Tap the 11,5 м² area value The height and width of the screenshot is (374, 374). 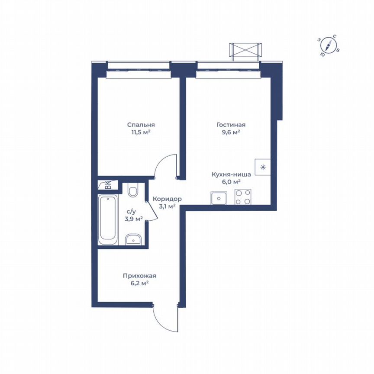(141, 132)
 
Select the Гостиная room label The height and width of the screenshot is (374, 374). (228, 124)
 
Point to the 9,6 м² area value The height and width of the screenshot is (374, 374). (228, 132)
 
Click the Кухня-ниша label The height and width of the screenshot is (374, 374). (231, 174)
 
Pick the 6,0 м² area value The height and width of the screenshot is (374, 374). (231, 182)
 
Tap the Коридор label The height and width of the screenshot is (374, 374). (167, 199)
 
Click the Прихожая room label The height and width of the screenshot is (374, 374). (139, 275)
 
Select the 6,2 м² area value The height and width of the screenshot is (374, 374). (139, 283)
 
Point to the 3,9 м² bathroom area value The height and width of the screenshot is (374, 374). (133, 219)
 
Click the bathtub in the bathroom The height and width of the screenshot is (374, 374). (108, 220)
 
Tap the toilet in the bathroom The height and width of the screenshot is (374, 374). (133, 190)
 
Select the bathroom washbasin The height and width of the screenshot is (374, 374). (133, 239)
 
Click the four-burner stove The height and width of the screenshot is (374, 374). (243, 197)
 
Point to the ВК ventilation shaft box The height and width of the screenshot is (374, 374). (105, 185)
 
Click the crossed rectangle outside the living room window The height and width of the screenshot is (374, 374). (245, 50)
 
